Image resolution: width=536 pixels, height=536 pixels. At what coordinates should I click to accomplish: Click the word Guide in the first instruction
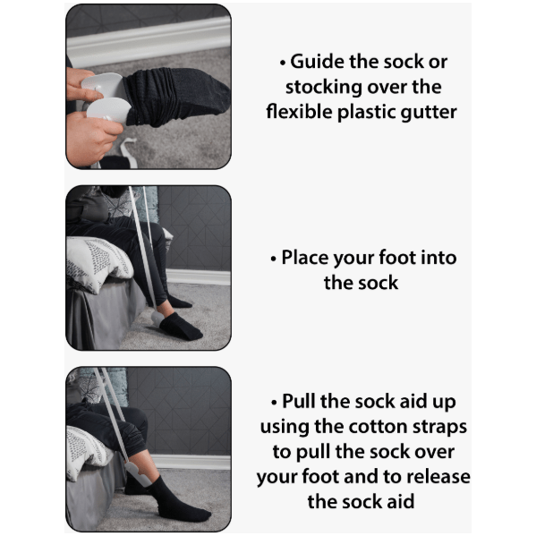(317, 62)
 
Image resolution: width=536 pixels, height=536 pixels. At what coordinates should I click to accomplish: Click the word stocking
(324, 88)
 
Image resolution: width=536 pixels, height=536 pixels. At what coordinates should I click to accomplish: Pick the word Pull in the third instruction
(299, 401)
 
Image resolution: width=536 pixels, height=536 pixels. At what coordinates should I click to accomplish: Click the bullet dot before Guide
(283, 63)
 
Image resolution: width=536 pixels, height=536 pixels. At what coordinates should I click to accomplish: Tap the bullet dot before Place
(273, 259)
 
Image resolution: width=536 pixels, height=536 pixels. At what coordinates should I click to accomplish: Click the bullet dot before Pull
(274, 403)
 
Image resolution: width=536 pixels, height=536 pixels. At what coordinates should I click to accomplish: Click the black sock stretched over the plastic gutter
(176, 97)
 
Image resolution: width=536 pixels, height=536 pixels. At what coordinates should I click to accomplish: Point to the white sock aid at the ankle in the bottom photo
(137, 474)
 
